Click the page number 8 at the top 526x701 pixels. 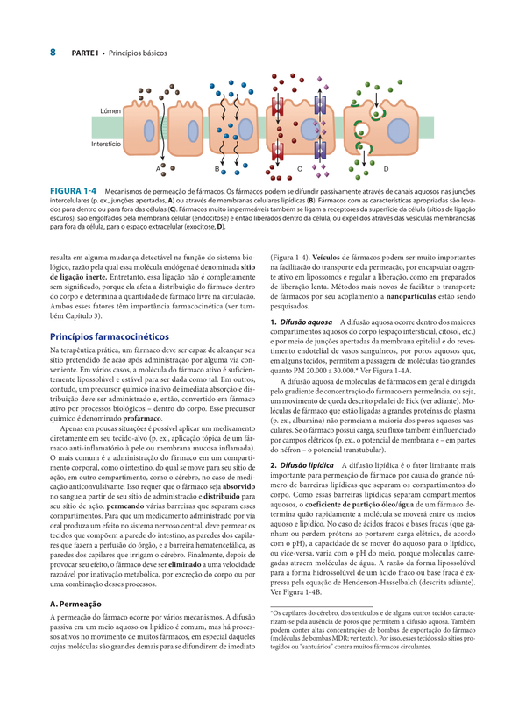pyautogui.click(x=53, y=53)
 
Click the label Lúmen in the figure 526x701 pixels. pyautogui.click(x=110, y=111)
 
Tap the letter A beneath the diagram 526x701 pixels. pyautogui.click(x=159, y=167)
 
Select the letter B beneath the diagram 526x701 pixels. pyautogui.click(x=217, y=166)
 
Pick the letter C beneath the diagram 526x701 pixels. pyautogui.click(x=300, y=167)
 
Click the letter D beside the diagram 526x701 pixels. pyautogui.click(x=386, y=166)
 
